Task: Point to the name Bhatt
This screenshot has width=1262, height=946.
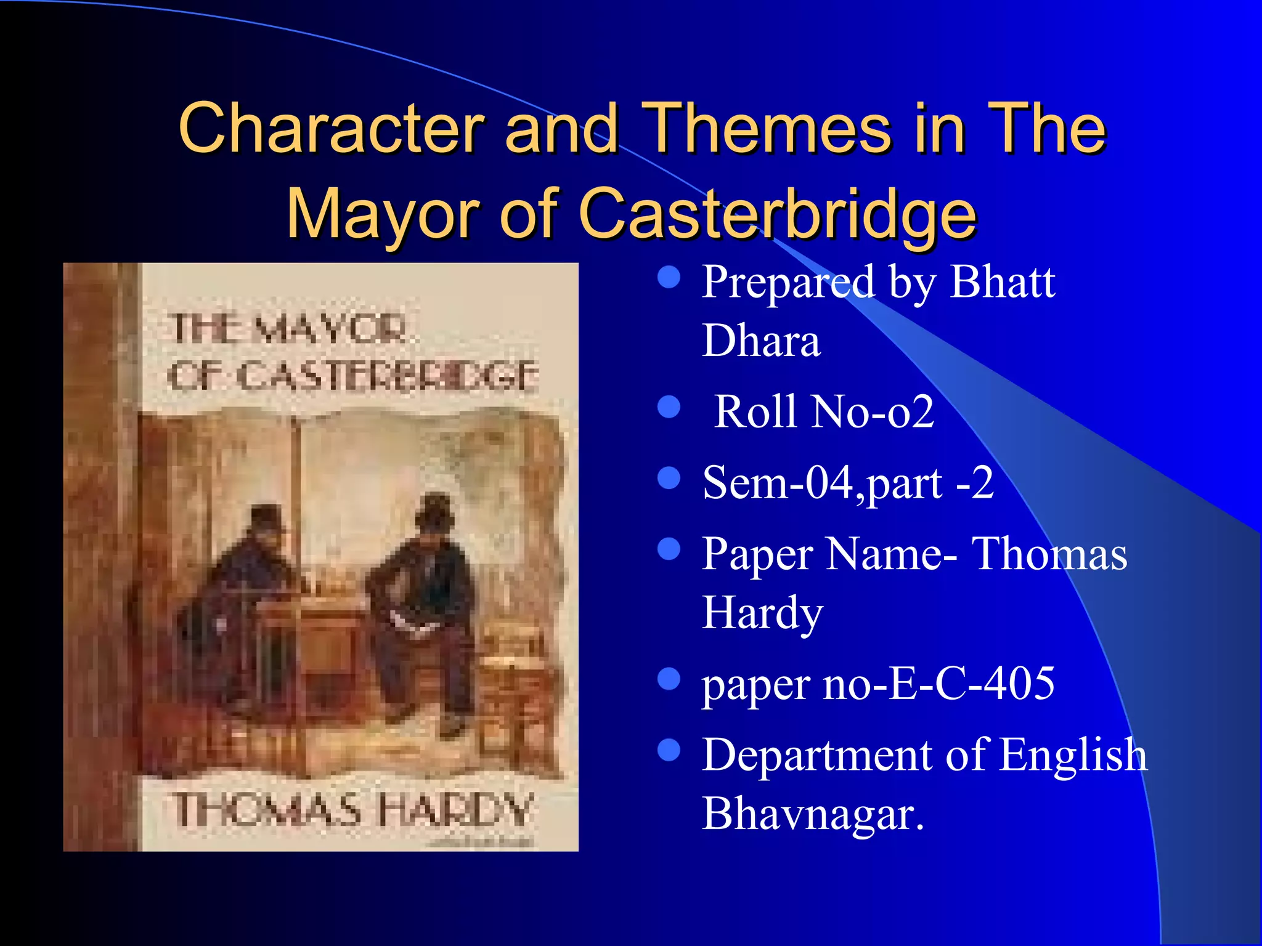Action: click(x=1003, y=282)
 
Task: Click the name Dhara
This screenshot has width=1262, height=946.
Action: click(x=761, y=341)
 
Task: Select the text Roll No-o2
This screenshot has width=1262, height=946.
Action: click(x=824, y=411)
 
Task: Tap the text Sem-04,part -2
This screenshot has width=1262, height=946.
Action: click(x=848, y=482)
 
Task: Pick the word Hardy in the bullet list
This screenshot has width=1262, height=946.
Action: click(x=762, y=613)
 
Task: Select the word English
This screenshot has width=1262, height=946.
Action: click(x=1073, y=754)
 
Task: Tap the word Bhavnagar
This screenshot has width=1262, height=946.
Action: click(x=813, y=814)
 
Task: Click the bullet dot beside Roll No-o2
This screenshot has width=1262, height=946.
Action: click(x=669, y=407)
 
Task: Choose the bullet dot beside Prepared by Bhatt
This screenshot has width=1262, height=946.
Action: click(x=669, y=277)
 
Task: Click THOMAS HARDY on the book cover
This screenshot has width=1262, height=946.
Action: click(x=353, y=809)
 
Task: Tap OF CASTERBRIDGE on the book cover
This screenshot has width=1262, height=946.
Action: click(x=353, y=375)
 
